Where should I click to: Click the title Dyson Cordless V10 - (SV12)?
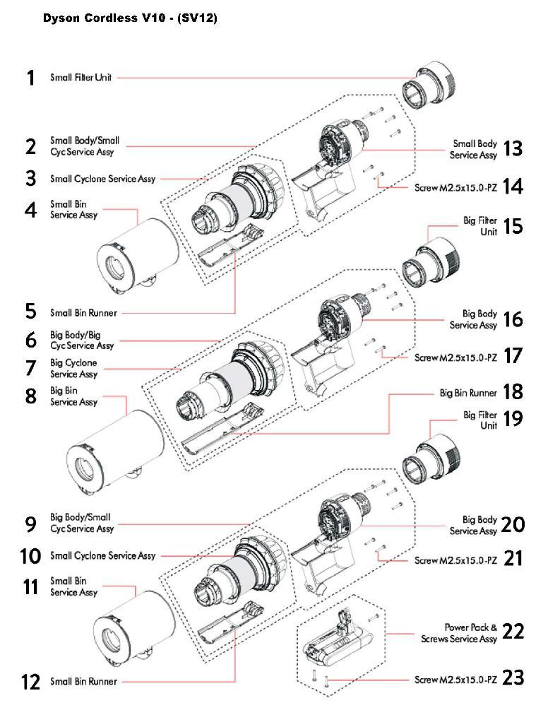(x=129, y=18)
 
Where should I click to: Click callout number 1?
(x=30, y=78)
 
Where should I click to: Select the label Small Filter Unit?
(x=81, y=78)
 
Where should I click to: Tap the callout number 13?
(x=513, y=148)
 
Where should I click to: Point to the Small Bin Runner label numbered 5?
(x=83, y=312)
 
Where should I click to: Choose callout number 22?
(x=513, y=632)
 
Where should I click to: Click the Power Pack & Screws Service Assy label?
(x=470, y=632)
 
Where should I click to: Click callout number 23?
(x=513, y=678)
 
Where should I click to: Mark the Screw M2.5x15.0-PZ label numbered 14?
(x=455, y=189)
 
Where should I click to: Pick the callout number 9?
(x=30, y=523)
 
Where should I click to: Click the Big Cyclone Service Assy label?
(x=73, y=369)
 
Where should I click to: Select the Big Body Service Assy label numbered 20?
(x=473, y=526)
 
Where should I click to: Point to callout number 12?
(x=30, y=682)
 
